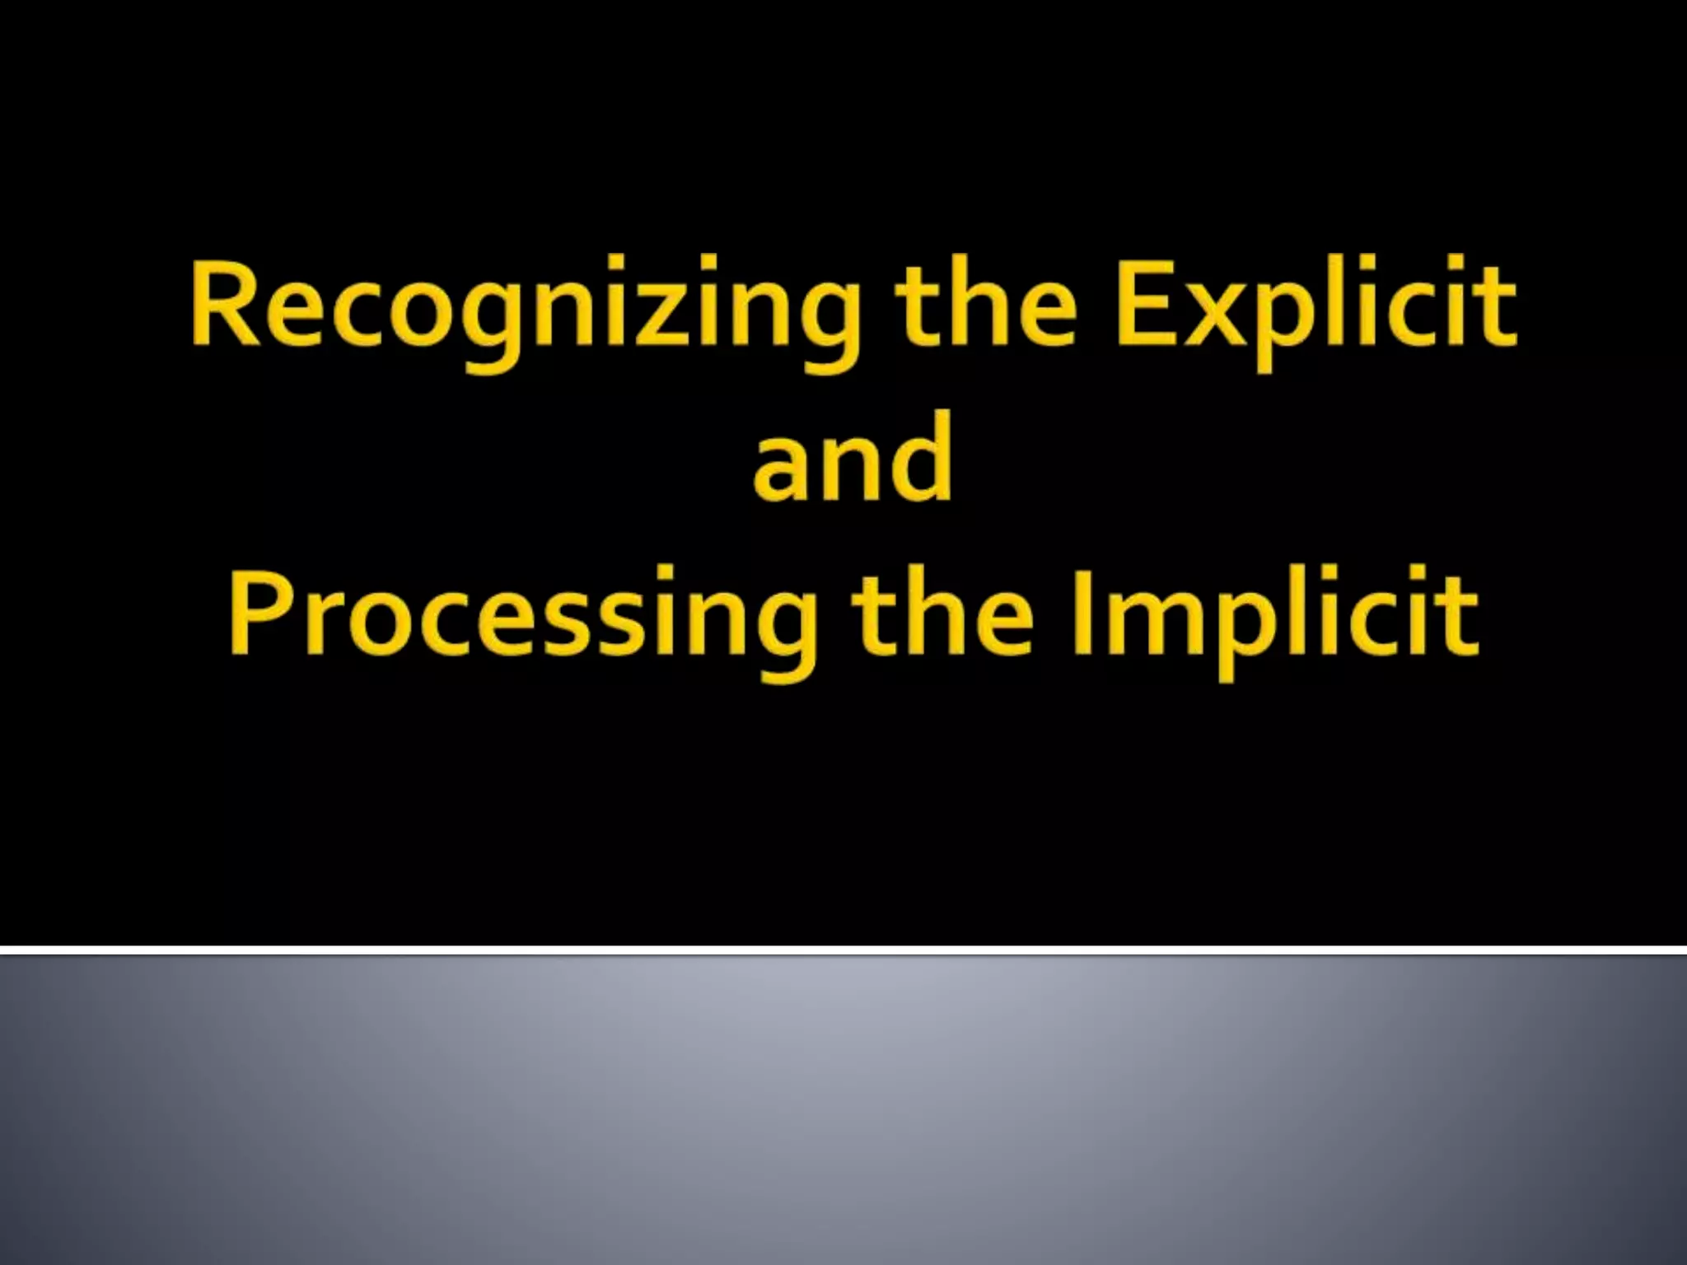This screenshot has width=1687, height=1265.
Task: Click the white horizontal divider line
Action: (x=843, y=950)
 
